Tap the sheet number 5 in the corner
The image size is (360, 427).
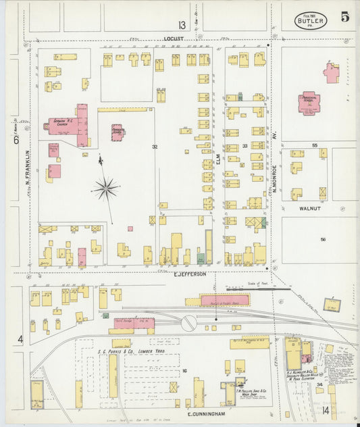click(x=344, y=18)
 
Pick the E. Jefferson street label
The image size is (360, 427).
click(x=189, y=274)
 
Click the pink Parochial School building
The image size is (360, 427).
click(x=308, y=103)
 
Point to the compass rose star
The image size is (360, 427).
click(x=105, y=189)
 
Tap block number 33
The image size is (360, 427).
click(x=245, y=145)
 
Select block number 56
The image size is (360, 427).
click(x=323, y=239)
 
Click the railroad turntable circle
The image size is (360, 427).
click(x=188, y=323)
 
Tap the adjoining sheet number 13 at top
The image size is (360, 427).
click(x=180, y=25)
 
